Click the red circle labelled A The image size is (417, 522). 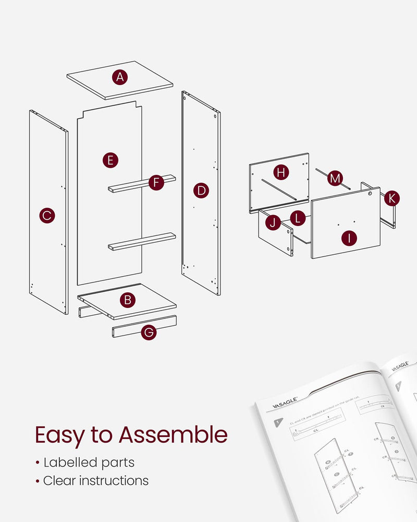pos(120,77)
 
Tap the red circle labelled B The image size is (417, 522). pos(127,300)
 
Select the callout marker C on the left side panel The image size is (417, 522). pos(47,215)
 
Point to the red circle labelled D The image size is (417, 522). pos(201,191)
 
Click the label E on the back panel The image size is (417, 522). pos(109,160)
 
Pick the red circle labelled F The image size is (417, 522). pos(156,183)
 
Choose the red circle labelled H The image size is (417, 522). pos(281,172)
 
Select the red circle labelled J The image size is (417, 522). pos(273,222)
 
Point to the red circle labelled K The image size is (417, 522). pos(392,198)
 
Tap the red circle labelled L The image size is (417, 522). pos(298,218)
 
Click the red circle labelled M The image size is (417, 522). pos(335,179)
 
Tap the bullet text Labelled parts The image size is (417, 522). pos(89,462)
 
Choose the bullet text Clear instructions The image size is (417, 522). pos(95,480)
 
